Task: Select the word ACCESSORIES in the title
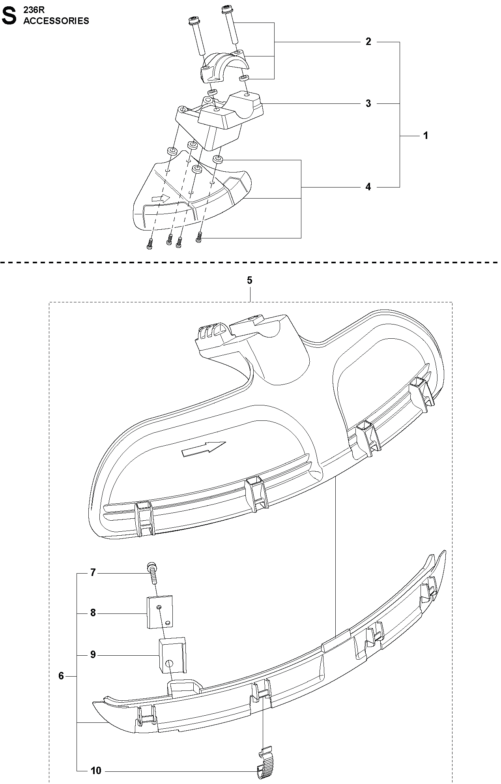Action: click(56, 21)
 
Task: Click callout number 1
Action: click(426, 136)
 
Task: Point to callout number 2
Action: click(368, 42)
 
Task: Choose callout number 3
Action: click(368, 103)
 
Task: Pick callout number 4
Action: click(368, 187)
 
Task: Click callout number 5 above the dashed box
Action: click(250, 281)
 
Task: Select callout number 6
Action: click(61, 676)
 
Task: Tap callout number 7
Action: click(93, 572)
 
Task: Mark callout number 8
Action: click(93, 613)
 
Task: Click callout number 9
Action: click(93, 655)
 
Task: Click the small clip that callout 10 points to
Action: click(265, 759)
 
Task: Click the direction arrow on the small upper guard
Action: click(161, 198)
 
